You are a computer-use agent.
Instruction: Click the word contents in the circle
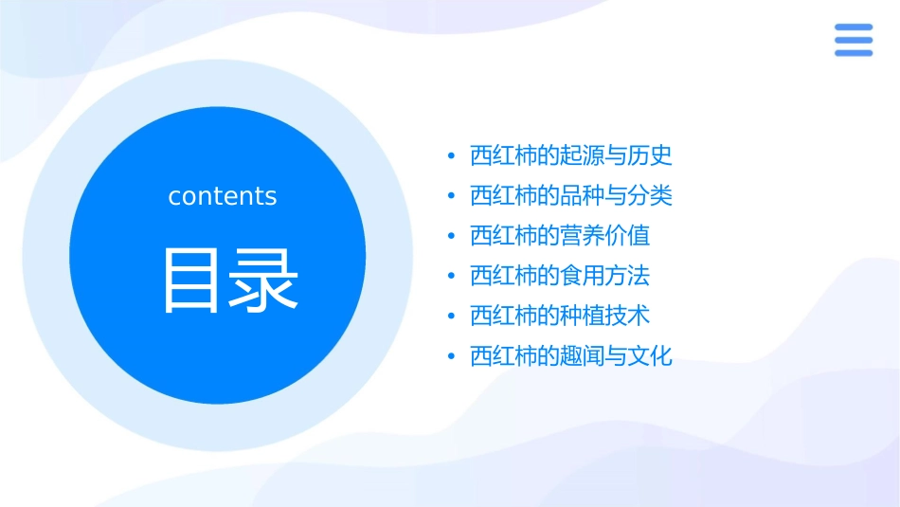(223, 196)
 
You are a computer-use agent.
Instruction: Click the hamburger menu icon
(854, 40)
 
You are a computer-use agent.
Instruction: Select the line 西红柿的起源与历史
(570, 155)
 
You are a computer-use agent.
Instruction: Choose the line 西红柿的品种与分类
(570, 196)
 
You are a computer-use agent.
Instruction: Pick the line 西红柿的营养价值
(559, 236)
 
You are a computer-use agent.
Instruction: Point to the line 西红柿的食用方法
(559, 277)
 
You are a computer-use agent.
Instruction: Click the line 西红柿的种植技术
(559, 317)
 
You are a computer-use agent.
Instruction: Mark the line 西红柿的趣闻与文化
(570, 357)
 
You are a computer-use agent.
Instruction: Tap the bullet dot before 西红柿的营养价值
(452, 237)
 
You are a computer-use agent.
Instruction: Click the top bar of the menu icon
(854, 27)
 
